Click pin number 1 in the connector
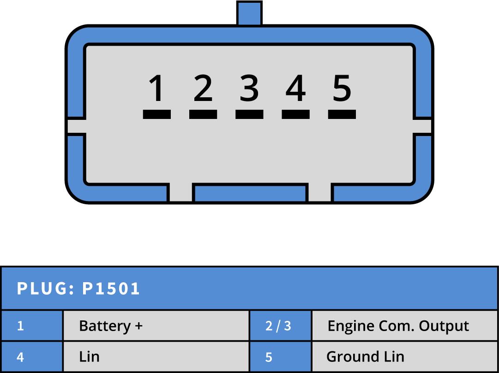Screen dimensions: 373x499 point(156,88)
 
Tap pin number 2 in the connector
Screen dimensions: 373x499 point(203,88)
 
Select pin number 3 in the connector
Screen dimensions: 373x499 point(249,88)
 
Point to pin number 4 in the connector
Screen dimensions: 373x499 point(295,88)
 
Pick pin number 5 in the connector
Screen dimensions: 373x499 point(342,88)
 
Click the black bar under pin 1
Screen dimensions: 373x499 point(156,114)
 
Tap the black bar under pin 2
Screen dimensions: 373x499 point(203,114)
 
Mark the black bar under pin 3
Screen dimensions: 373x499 point(249,114)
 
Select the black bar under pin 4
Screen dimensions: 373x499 point(295,114)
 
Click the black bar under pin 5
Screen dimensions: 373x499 point(342,114)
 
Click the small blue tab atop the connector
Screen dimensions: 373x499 point(249,13)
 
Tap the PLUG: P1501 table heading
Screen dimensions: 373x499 point(78,289)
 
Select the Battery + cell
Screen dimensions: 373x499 point(111,326)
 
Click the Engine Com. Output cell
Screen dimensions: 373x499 point(398,326)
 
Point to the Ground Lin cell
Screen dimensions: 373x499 point(365,356)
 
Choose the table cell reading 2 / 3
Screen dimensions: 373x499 point(278,326)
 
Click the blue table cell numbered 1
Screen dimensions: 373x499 point(20,326)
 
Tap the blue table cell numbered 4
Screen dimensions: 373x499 point(20,356)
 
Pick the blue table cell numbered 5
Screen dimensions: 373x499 point(269,356)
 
